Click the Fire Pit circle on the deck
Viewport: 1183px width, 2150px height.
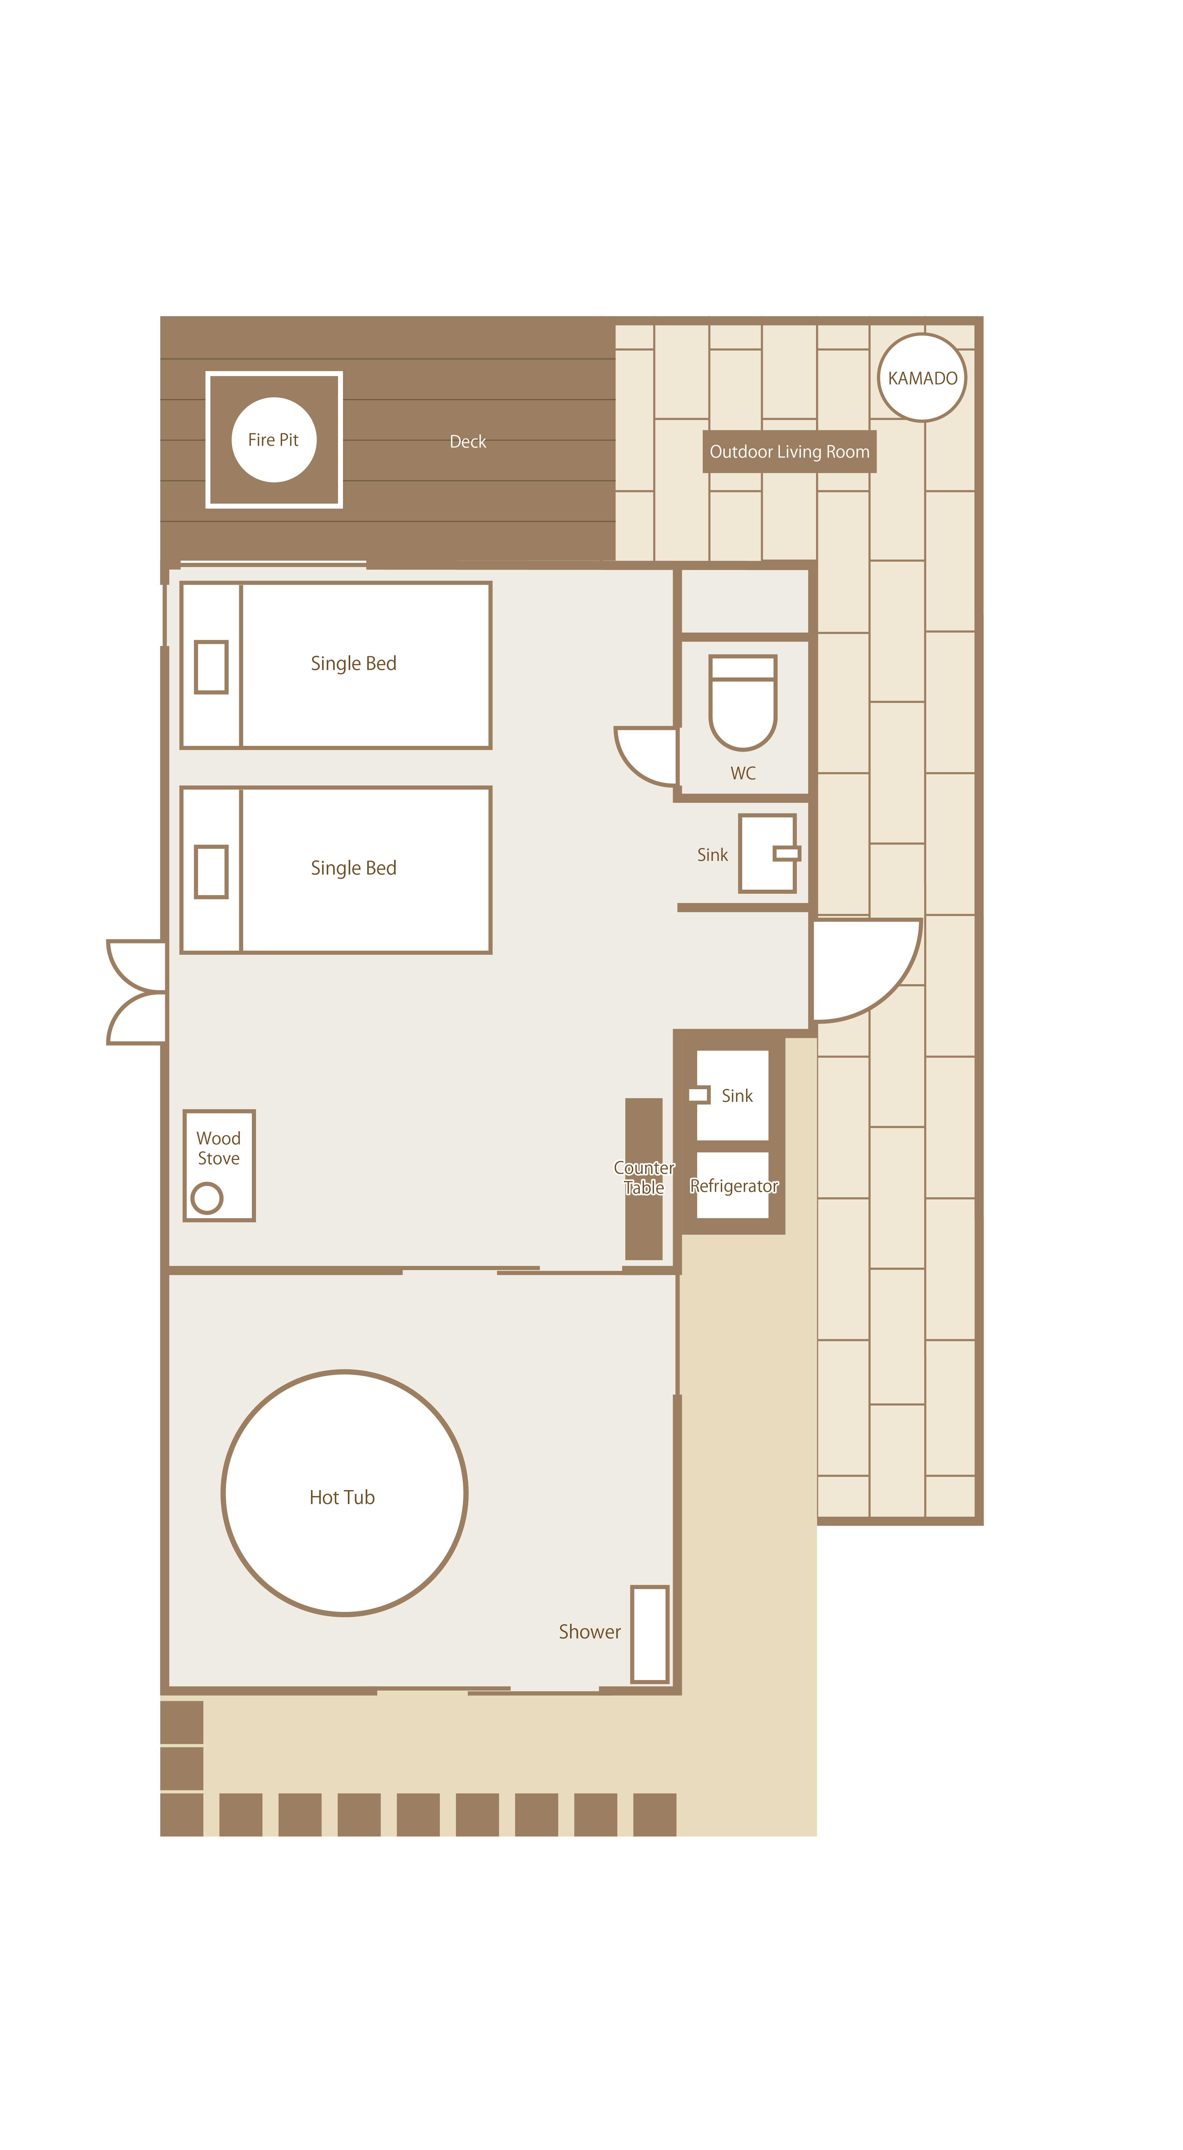[x=274, y=440]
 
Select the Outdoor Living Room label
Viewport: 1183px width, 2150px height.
[x=789, y=451]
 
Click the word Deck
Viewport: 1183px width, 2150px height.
[x=468, y=441]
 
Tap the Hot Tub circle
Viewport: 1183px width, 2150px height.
[x=344, y=1493]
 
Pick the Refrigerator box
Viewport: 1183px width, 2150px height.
[x=733, y=1185]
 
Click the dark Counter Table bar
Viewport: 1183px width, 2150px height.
[x=644, y=1178]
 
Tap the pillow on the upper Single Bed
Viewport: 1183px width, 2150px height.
[x=211, y=667]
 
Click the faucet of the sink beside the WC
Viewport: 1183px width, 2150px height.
[x=786, y=853]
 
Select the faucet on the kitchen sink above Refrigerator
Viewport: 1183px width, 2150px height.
[x=699, y=1094]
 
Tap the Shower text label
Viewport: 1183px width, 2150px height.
[x=589, y=1632]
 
